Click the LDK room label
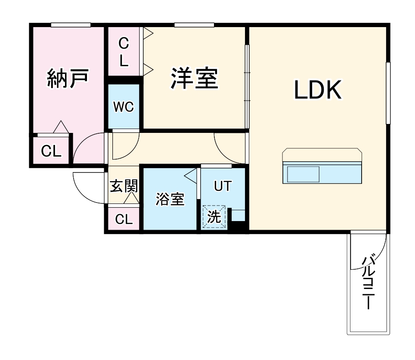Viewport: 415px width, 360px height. pos(318,90)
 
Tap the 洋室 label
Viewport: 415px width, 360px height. pos(195,78)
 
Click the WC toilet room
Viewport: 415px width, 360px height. pos(124,106)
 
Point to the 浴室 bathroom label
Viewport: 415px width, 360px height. pos(170,199)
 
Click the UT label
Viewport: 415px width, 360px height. pos(223,186)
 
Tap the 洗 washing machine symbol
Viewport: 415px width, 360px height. pos(214,217)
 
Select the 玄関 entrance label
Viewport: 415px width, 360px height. pos(124,186)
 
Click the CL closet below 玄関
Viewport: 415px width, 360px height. pos(124,219)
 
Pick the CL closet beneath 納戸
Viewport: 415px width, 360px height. pos(51,151)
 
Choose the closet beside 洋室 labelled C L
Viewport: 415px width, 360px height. pos(124,52)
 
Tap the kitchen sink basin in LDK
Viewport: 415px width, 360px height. pos(303,174)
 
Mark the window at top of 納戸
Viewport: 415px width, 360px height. pos(71,25)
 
